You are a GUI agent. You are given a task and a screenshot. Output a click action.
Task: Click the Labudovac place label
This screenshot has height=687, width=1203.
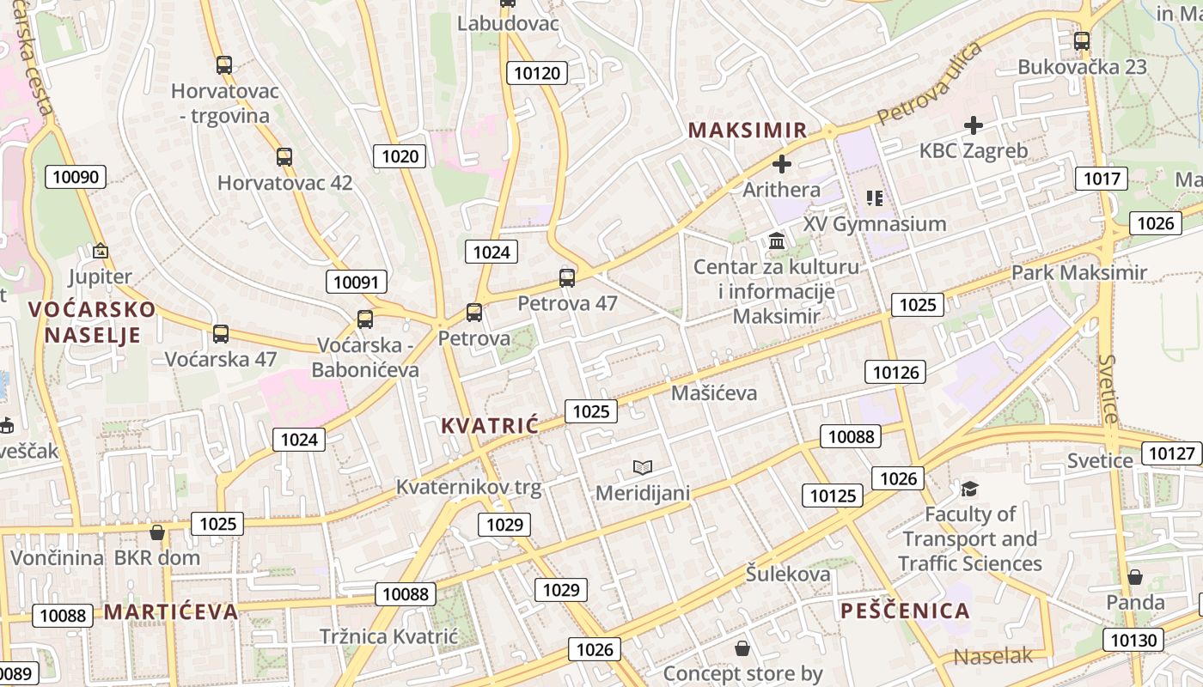508,23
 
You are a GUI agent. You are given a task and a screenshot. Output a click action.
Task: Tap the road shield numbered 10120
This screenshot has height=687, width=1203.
537,73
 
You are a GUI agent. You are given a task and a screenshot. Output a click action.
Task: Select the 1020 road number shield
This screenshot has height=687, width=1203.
400,155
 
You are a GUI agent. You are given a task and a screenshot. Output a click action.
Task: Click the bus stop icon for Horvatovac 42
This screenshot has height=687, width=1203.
284,157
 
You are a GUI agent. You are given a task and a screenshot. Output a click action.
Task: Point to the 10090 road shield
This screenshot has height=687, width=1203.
76,178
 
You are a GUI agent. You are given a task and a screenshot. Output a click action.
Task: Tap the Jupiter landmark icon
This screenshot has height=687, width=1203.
101,252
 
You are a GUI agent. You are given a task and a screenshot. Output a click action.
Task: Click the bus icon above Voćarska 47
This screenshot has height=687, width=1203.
221,334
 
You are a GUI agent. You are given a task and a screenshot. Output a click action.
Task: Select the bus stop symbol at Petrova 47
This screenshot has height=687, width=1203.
567,277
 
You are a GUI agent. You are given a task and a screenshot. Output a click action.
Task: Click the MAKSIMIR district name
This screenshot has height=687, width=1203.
748,131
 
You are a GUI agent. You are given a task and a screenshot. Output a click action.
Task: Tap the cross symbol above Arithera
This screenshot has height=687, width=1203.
782,163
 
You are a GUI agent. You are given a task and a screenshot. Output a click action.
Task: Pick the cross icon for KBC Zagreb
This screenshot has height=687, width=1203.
973,125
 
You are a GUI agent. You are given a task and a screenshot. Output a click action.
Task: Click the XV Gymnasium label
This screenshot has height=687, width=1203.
875,224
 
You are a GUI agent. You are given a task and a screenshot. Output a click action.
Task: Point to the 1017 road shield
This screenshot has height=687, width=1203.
1101,179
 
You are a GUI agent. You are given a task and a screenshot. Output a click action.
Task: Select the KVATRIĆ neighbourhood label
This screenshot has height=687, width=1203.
489,425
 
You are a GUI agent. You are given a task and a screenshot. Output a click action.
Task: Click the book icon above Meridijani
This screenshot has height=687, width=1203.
643,467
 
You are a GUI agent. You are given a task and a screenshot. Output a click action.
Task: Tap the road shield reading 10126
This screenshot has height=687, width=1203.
895,372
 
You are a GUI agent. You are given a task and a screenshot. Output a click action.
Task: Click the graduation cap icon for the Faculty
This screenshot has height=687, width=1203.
970,489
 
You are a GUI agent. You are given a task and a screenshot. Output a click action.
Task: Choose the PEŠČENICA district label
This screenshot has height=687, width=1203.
905,611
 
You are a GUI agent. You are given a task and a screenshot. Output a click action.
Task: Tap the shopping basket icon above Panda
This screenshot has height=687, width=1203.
1135,577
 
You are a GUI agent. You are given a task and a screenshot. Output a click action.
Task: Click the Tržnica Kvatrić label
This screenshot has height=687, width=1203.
388,636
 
